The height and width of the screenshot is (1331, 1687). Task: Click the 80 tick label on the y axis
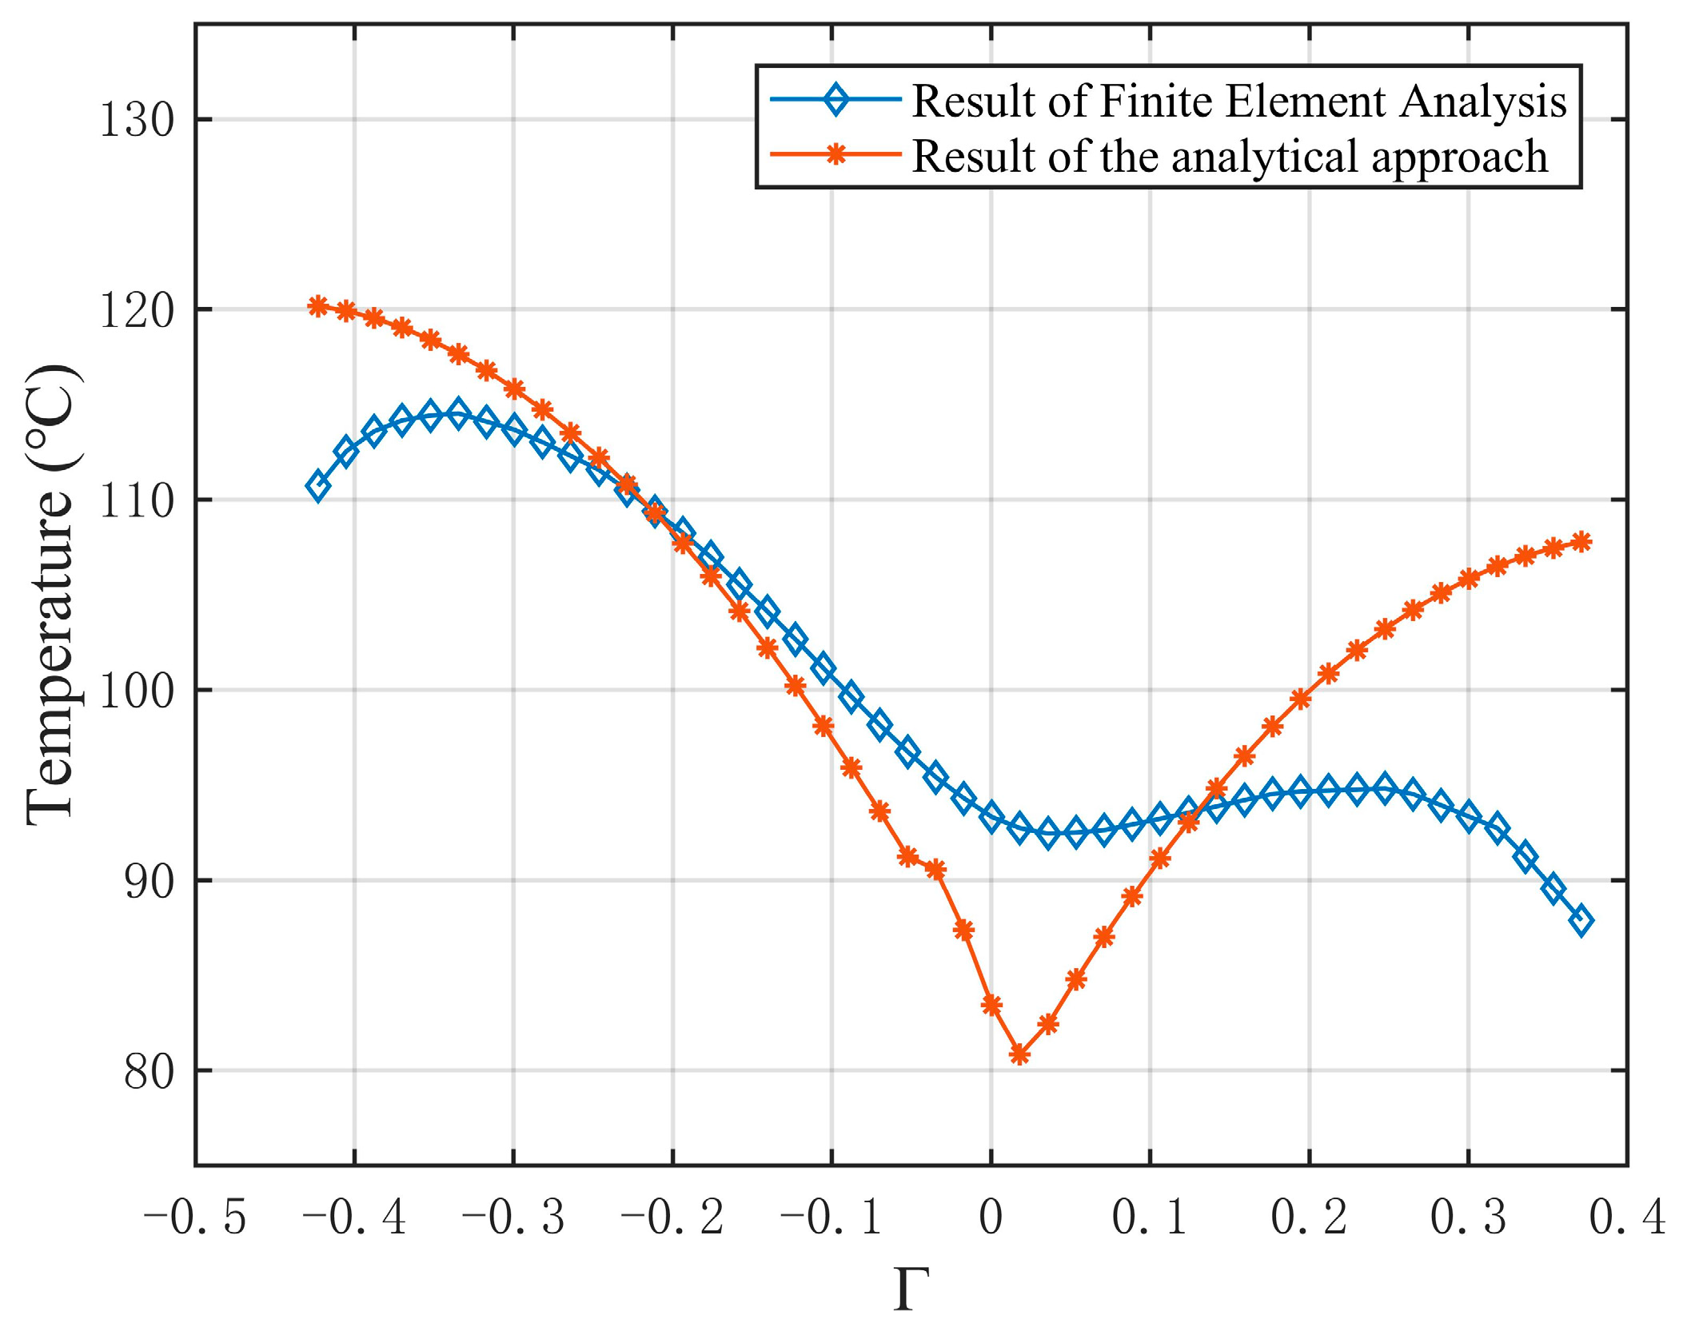149,1072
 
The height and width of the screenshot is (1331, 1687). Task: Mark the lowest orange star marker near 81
1019,1055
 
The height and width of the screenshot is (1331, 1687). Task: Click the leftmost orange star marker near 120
317,305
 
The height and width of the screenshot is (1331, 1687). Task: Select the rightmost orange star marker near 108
1581,542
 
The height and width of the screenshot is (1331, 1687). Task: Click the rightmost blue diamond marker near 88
1581,921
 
